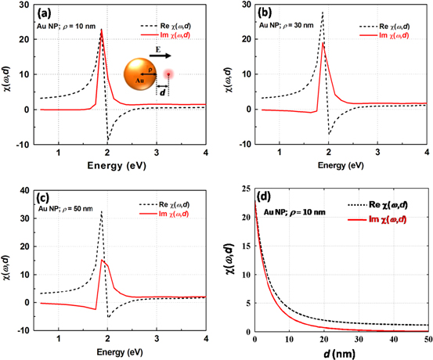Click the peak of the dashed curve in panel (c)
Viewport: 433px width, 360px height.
pyautogui.click(x=101, y=212)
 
